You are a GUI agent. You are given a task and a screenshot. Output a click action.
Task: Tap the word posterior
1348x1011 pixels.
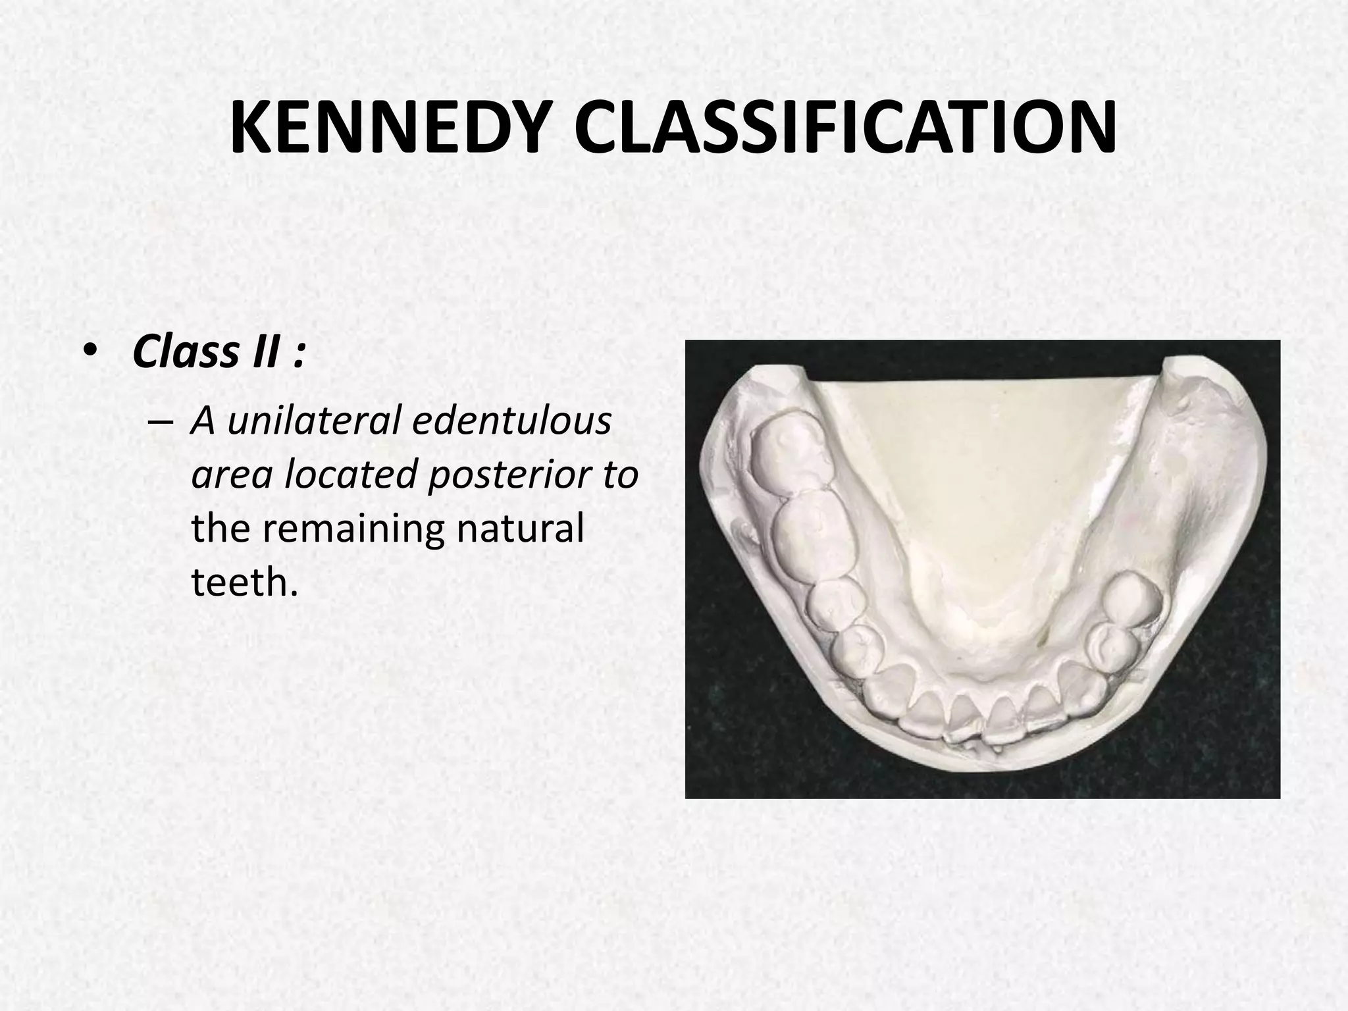point(509,475)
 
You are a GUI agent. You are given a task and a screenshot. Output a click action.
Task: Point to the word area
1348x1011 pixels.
point(231,475)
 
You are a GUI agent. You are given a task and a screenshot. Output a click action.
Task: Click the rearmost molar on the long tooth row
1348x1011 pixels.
point(790,454)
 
